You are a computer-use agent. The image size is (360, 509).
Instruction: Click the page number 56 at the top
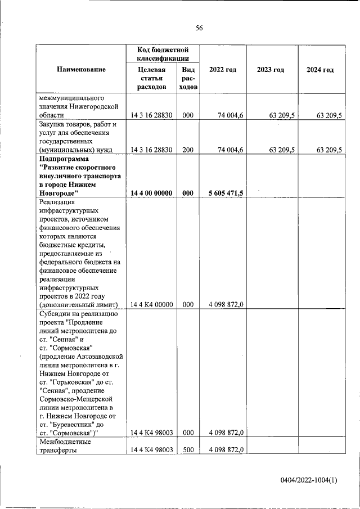pyautogui.click(x=199, y=28)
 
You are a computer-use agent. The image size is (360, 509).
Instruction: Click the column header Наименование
pyautogui.click(x=81, y=70)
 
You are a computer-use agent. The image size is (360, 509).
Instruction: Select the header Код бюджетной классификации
pyautogui.click(x=163, y=55)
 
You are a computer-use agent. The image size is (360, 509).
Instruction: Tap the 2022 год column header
pyautogui.click(x=222, y=70)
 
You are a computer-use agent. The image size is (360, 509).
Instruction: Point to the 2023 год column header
pyautogui.click(x=271, y=70)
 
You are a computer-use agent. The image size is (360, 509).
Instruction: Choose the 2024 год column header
pyautogui.click(x=320, y=70)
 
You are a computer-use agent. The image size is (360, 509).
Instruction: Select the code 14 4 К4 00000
pyautogui.click(x=151, y=304)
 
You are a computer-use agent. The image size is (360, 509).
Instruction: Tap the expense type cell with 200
pyautogui.click(x=188, y=150)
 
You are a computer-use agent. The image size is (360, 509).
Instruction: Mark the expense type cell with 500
pyautogui.click(x=188, y=450)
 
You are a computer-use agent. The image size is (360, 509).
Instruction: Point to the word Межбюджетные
pyautogui.click(x=64, y=442)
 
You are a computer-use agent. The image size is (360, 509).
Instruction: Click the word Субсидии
pyautogui.click(x=54, y=314)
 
